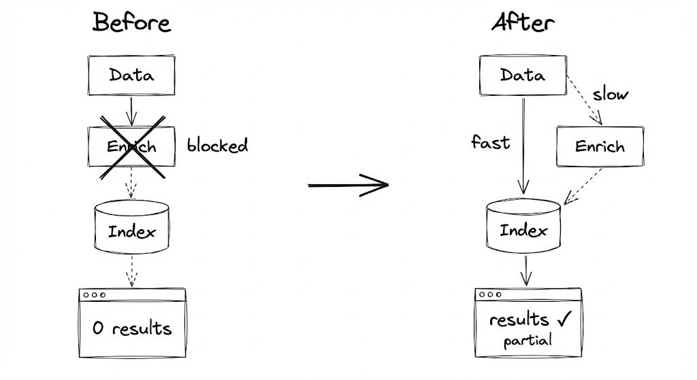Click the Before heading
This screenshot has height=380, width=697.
(x=131, y=22)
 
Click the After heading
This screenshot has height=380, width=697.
(x=523, y=22)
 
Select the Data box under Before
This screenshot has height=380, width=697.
(x=131, y=75)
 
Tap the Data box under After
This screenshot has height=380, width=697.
(x=523, y=75)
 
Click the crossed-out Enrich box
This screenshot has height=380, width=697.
(x=132, y=146)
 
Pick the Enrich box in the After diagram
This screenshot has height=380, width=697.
(x=600, y=146)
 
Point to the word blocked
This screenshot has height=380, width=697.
(x=217, y=145)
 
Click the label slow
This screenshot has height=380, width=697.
(x=609, y=94)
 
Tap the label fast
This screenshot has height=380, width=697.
(x=490, y=143)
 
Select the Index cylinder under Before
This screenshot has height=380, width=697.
(x=131, y=230)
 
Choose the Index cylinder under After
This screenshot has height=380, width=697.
(x=523, y=230)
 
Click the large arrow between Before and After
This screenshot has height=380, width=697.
(x=348, y=184)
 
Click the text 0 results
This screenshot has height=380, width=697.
(x=132, y=329)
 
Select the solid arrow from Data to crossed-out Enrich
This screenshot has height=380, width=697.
(x=131, y=109)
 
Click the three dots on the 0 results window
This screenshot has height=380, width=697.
(x=93, y=296)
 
